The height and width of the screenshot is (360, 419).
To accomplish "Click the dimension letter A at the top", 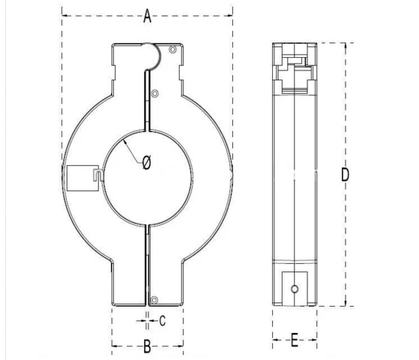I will click(x=148, y=16).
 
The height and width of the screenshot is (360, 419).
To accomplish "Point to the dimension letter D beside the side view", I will click(x=346, y=175).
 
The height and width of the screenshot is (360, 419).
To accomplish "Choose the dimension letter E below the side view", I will click(x=294, y=341).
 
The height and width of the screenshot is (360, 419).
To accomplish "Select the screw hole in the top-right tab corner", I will click(x=173, y=49).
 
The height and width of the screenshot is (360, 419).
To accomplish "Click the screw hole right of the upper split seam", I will click(x=154, y=94).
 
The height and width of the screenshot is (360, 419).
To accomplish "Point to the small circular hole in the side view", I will click(x=295, y=288).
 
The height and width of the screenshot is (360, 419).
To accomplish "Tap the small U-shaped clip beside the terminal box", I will click(x=98, y=175).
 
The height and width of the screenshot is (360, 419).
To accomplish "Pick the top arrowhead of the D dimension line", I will click(x=345, y=45).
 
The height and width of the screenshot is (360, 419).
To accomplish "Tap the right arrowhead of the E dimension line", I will click(x=316, y=341).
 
